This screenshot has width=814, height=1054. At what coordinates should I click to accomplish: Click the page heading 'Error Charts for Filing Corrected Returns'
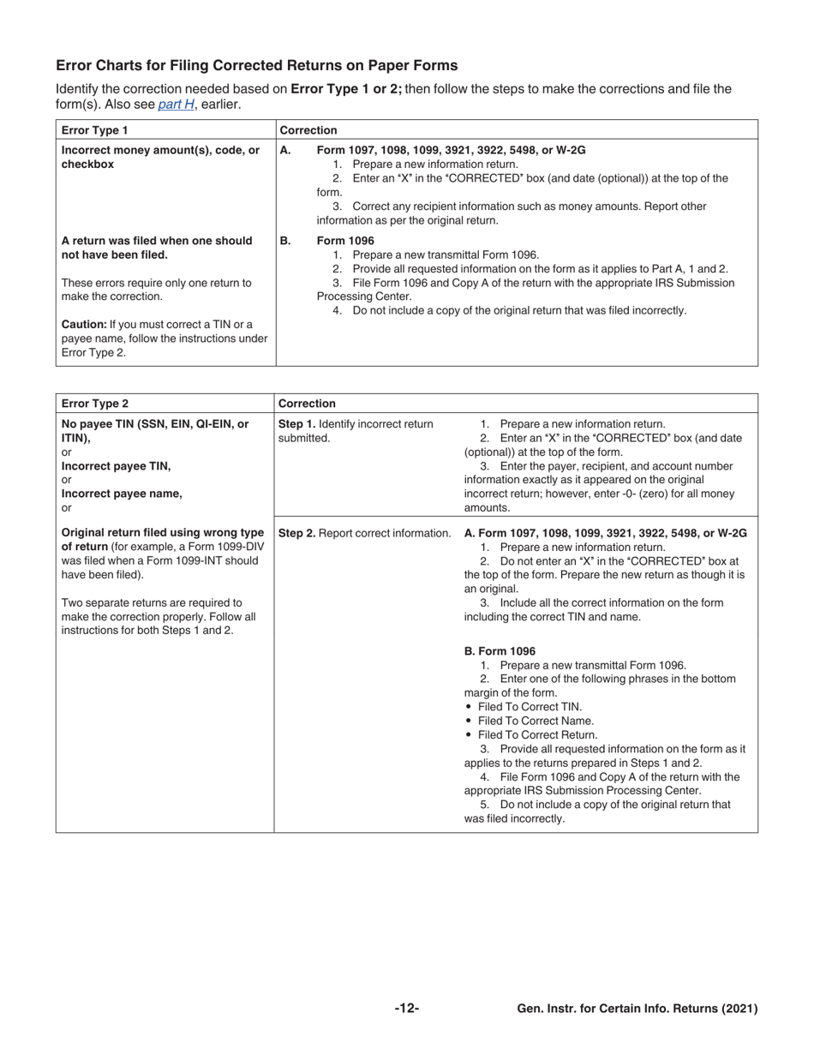[x=256, y=66]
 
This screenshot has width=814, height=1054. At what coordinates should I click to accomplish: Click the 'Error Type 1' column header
[x=94, y=130]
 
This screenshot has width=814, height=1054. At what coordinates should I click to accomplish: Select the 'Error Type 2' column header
[x=94, y=404]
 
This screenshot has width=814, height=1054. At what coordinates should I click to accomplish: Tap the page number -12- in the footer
[x=407, y=1009]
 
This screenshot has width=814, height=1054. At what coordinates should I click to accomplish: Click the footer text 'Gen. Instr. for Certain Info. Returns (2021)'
[x=637, y=1009]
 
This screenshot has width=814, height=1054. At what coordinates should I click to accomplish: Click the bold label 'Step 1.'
[x=296, y=424]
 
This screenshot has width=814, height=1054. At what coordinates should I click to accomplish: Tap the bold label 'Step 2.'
[x=296, y=533]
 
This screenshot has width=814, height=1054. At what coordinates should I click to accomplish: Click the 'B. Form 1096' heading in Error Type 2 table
[x=500, y=651]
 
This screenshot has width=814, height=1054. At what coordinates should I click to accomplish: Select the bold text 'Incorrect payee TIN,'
[x=116, y=466]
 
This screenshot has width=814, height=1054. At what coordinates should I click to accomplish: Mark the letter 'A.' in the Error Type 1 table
[x=285, y=150]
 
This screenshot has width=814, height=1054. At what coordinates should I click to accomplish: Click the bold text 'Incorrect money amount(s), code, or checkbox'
[x=160, y=157]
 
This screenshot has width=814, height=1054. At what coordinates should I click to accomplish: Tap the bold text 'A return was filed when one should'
[x=157, y=241]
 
